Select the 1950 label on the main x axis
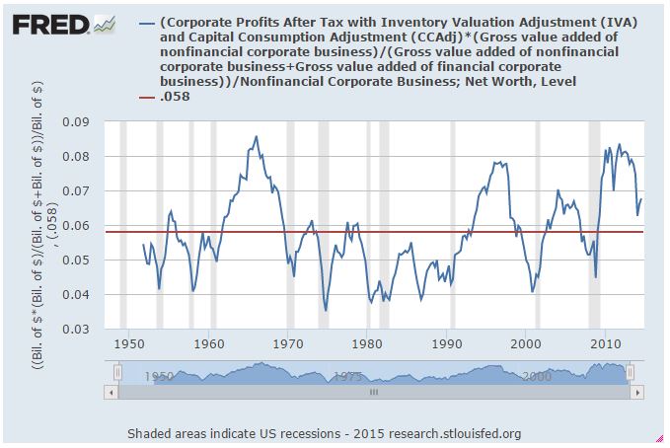coord(128,344)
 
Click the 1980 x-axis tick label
coord(367,344)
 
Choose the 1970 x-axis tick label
coord(287,344)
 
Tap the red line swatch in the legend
coord(147,96)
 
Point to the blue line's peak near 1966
coord(257,136)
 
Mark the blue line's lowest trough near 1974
coord(326,311)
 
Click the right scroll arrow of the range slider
coord(638,392)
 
